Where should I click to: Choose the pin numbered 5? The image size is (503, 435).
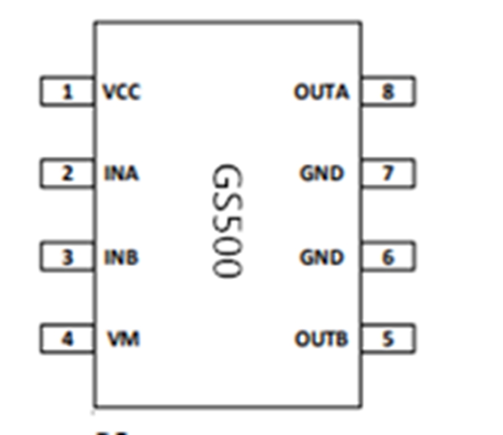click(388, 338)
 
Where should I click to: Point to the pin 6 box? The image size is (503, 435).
click(388, 257)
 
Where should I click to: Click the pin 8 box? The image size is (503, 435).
click(388, 91)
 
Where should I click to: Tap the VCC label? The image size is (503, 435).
click(122, 91)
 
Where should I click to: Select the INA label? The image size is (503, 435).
click(121, 174)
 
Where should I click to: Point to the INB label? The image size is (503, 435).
click(121, 257)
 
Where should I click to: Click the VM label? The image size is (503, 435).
click(124, 338)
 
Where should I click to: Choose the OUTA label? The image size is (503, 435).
click(321, 91)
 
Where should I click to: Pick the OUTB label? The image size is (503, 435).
click(321, 338)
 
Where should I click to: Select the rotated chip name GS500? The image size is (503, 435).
click(227, 221)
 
